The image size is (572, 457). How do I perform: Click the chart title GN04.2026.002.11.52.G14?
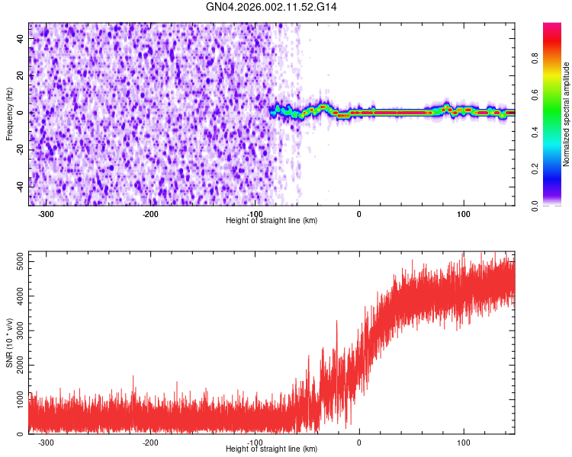coord(272,7)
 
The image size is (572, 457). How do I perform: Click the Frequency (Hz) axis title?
coord(9,113)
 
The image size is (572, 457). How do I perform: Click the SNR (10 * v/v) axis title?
coord(9,342)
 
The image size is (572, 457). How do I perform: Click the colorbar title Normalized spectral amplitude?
coord(566,114)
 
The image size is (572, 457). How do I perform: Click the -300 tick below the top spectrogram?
coord(46,213)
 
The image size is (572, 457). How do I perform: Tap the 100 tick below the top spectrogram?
coord(463,213)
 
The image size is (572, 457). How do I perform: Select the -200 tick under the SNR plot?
coord(150,442)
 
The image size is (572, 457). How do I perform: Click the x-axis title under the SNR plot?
coord(272,450)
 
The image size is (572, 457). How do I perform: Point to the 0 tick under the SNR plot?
coord(358,442)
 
